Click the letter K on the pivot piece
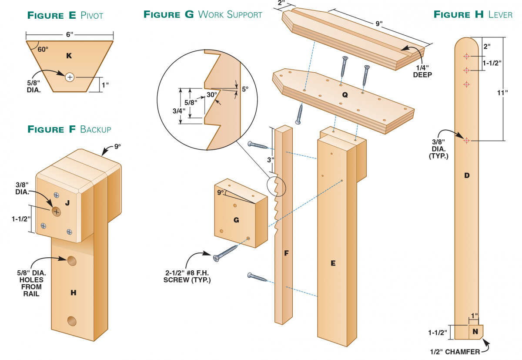(68, 55)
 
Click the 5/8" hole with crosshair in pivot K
(70, 77)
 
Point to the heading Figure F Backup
(69, 129)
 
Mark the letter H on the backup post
(73, 293)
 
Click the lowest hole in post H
(72, 321)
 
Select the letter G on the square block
(236, 220)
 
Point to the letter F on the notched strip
(286, 252)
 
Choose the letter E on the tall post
(333, 263)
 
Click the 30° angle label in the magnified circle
(211, 94)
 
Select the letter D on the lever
(466, 175)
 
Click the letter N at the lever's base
(475, 332)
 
